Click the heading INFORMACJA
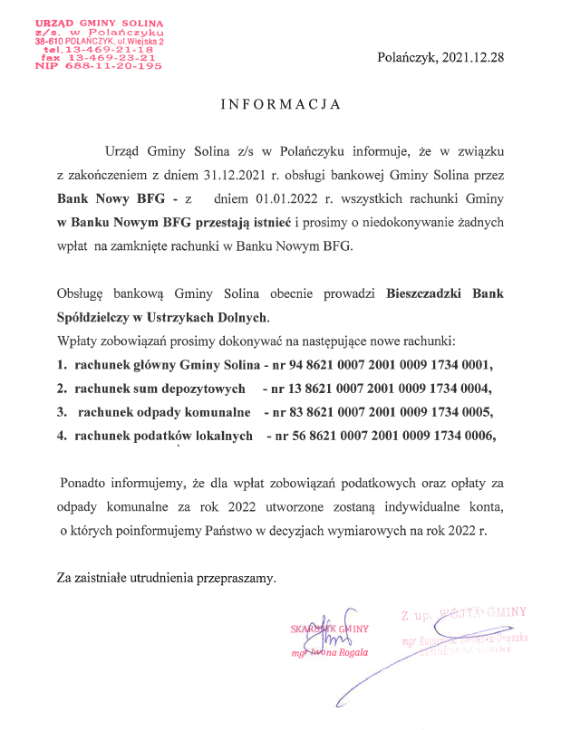(281, 104)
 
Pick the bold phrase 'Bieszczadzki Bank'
(444, 293)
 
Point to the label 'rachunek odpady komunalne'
(163, 412)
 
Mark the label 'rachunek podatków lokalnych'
(164, 436)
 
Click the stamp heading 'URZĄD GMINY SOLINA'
(99, 21)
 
